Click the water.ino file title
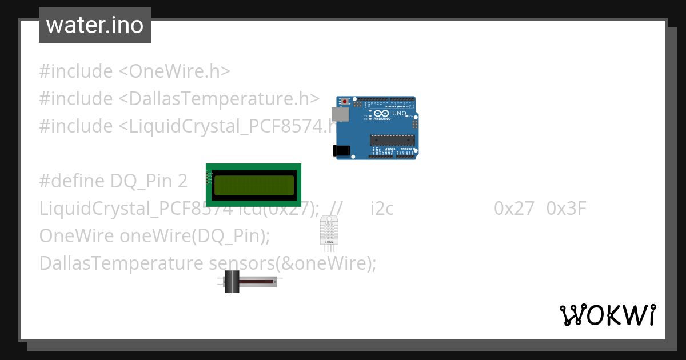[94, 25]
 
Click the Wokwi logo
[607, 315]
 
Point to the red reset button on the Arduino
[345, 102]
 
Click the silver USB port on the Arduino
[340, 114]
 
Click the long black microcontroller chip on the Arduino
[392, 139]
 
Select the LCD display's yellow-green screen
[253, 185]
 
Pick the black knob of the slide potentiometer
[232, 282]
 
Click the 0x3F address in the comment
[567, 209]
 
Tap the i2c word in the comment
[382, 209]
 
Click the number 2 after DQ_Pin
[182, 182]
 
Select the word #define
[72, 182]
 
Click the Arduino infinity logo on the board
[378, 114]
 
